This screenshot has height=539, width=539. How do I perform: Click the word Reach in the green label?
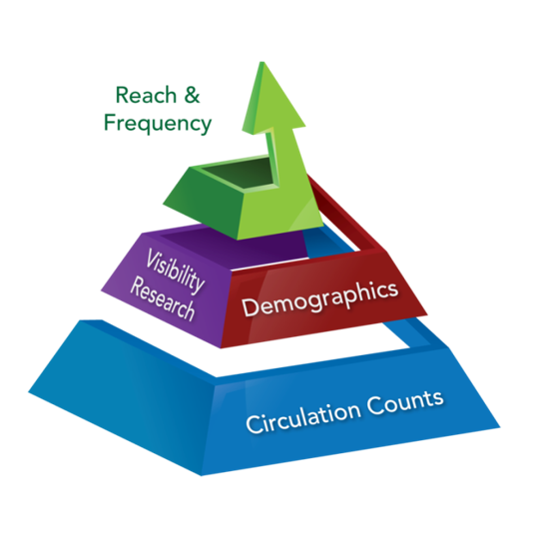click(x=146, y=95)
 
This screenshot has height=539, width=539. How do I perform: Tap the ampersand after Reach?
click(x=192, y=95)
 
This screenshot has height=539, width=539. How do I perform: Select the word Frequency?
click(x=158, y=124)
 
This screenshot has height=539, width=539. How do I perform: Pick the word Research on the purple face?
click(x=163, y=299)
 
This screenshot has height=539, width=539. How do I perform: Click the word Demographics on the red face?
click(x=320, y=299)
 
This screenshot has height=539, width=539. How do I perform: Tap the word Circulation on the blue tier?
click(x=302, y=416)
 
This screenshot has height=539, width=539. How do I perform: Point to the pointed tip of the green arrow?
click(x=263, y=62)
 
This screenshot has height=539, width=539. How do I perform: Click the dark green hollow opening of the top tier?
click(x=241, y=173)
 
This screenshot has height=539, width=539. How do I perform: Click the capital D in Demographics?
click(x=249, y=307)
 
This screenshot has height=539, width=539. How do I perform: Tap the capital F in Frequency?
click(x=110, y=123)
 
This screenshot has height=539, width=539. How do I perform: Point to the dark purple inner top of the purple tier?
click(x=234, y=249)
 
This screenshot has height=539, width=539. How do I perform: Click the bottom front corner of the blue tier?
click(x=201, y=476)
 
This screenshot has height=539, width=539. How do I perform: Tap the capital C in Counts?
click(x=374, y=405)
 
